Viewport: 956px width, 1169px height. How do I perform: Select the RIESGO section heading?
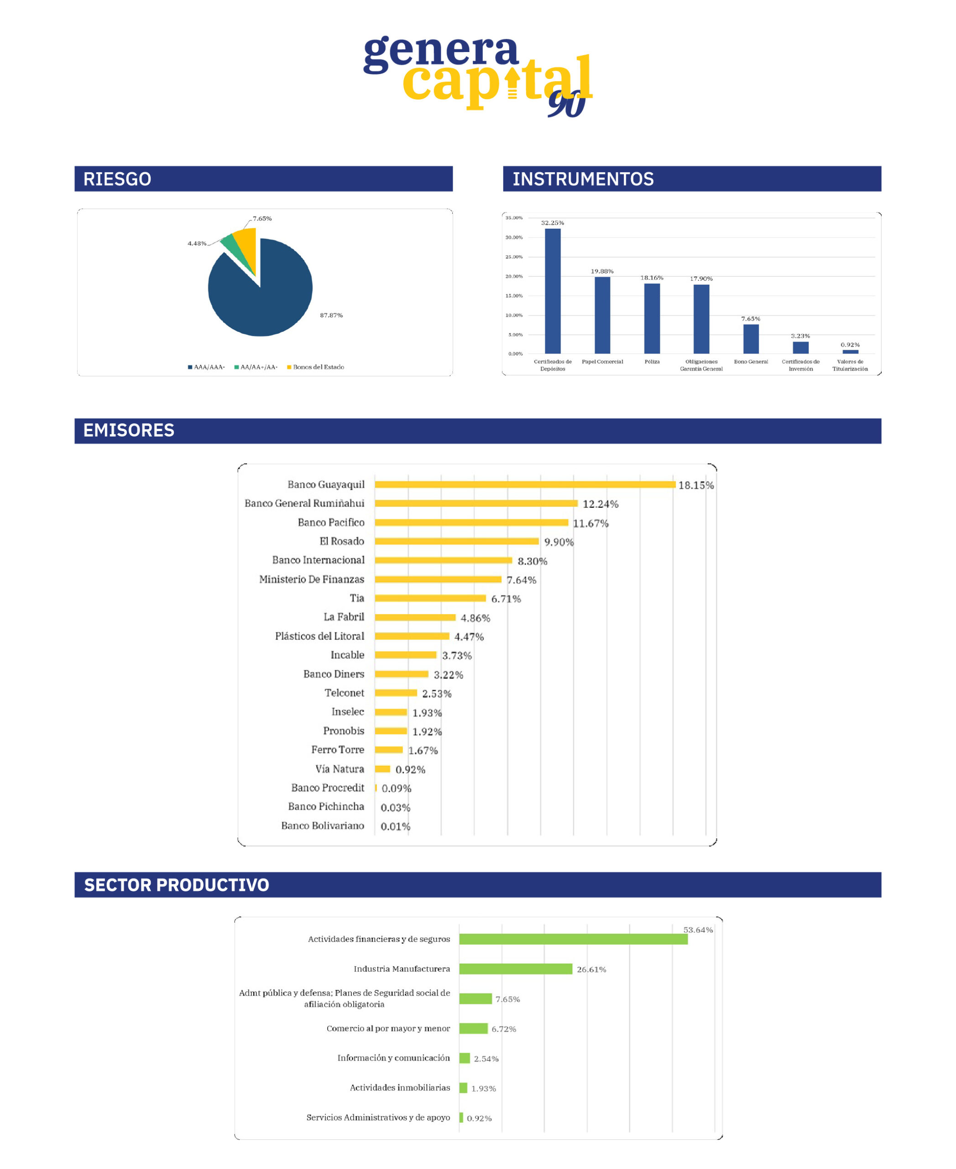pyautogui.click(x=117, y=179)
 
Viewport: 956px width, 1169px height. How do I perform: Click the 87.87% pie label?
pyautogui.click(x=331, y=315)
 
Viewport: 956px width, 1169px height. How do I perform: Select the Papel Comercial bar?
pyautogui.click(x=602, y=315)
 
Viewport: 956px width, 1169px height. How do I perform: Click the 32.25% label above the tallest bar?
pyautogui.click(x=552, y=223)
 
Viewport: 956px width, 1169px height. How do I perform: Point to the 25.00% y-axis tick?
pyautogui.click(x=514, y=257)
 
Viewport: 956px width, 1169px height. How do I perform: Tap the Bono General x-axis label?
pyautogui.click(x=751, y=362)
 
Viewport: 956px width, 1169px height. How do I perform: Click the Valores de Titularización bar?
pyautogui.click(x=850, y=352)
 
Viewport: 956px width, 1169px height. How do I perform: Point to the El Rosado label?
pyautogui.click(x=341, y=541)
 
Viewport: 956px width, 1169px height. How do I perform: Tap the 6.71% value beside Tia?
pyautogui.click(x=506, y=599)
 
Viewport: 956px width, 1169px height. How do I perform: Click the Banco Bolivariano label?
pyautogui.click(x=322, y=825)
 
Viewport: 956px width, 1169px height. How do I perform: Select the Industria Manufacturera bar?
pyautogui.click(x=516, y=969)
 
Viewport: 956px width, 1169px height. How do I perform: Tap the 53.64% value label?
pyautogui.click(x=698, y=930)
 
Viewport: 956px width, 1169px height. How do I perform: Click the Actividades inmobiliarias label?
pyautogui.click(x=400, y=1087)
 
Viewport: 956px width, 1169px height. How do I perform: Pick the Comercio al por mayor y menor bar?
pyautogui.click(x=473, y=1028)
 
